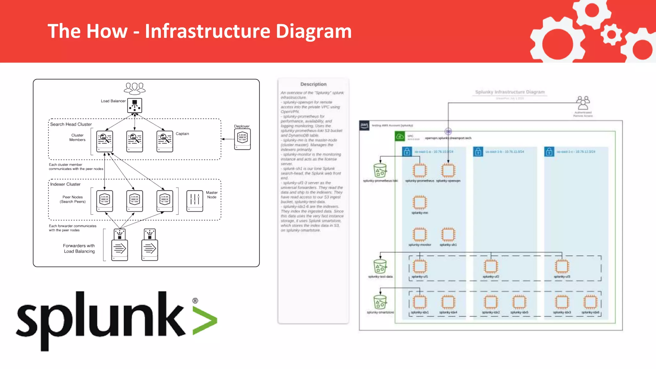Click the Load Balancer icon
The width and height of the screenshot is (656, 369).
pyautogui.click(x=135, y=105)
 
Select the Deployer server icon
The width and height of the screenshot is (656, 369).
pyautogui.click(x=242, y=139)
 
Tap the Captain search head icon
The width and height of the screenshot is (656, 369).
pyautogui.click(x=165, y=141)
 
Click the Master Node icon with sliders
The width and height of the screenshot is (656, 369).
pyautogui.click(x=195, y=201)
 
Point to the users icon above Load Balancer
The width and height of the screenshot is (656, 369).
pyautogui.click(x=135, y=88)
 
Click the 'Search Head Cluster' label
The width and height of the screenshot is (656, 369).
pyautogui.click(x=71, y=124)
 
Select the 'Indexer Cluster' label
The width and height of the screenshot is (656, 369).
pyautogui.click(x=65, y=184)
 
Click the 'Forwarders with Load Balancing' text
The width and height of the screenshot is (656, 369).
pyautogui.click(x=79, y=249)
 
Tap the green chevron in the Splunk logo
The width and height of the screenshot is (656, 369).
pyautogui.click(x=205, y=321)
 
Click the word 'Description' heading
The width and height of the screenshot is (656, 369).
pyautogui.click(x=313, y=84)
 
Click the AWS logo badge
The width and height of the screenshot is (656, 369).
pyautogui.click(x=364, y=125)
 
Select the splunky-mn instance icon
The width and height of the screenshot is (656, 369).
pyautogui.click(x=420, y=202)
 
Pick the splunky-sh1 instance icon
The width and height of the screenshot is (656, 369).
pyautogui.click(x=448, y=234)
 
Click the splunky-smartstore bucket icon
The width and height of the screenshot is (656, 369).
pyautogui.click(x=380, y=302)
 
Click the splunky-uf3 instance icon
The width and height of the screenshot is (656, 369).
pyautogui.click(x=562, y=266)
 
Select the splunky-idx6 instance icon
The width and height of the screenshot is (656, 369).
pyautogui.click(x=590, y=302)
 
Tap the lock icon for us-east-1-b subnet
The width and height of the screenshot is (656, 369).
pyautogui.click(x=478, y=152)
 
